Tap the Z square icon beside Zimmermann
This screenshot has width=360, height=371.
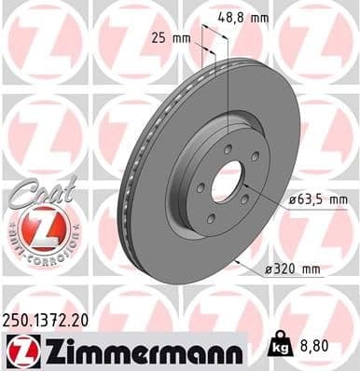pos(20,350)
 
